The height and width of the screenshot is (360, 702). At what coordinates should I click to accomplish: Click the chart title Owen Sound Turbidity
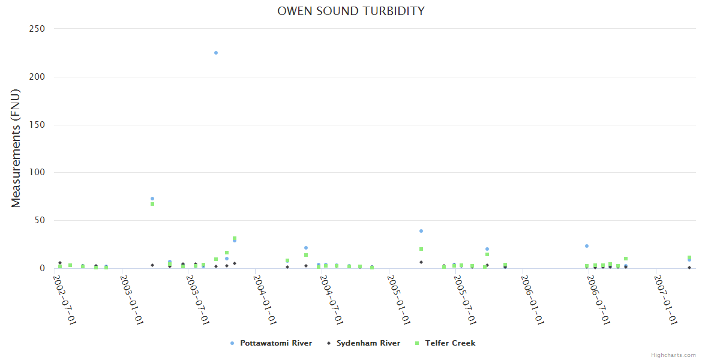point(350,11)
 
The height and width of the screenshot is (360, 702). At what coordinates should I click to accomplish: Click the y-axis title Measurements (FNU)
point(16,148)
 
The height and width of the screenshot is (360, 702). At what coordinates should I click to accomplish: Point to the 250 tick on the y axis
point(37,29)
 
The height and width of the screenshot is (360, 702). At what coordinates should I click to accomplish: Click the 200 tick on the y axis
point(37,77)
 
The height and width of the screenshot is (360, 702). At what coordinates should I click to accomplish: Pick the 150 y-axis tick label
point(37,125)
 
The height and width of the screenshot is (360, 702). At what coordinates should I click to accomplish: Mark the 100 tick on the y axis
point(37,173)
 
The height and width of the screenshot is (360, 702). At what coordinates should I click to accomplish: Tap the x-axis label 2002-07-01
point(65,299)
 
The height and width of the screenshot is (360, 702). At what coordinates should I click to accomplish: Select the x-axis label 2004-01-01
point(265,299)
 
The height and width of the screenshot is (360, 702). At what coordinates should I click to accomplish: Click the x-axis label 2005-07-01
point(464,299)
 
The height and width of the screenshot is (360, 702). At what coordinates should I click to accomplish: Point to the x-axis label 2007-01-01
point(665,299)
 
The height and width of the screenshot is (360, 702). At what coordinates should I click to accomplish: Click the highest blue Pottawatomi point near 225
point(216,53)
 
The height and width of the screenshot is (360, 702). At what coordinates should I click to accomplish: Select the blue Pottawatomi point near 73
point(152,199)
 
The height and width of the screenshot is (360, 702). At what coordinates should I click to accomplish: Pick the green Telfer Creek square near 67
point(152,204)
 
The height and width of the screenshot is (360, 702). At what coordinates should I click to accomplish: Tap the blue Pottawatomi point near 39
point(421,231)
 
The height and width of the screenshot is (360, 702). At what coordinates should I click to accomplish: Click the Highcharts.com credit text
point(673,355)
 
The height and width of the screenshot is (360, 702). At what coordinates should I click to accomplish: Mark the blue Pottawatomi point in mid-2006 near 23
point(587,246)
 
